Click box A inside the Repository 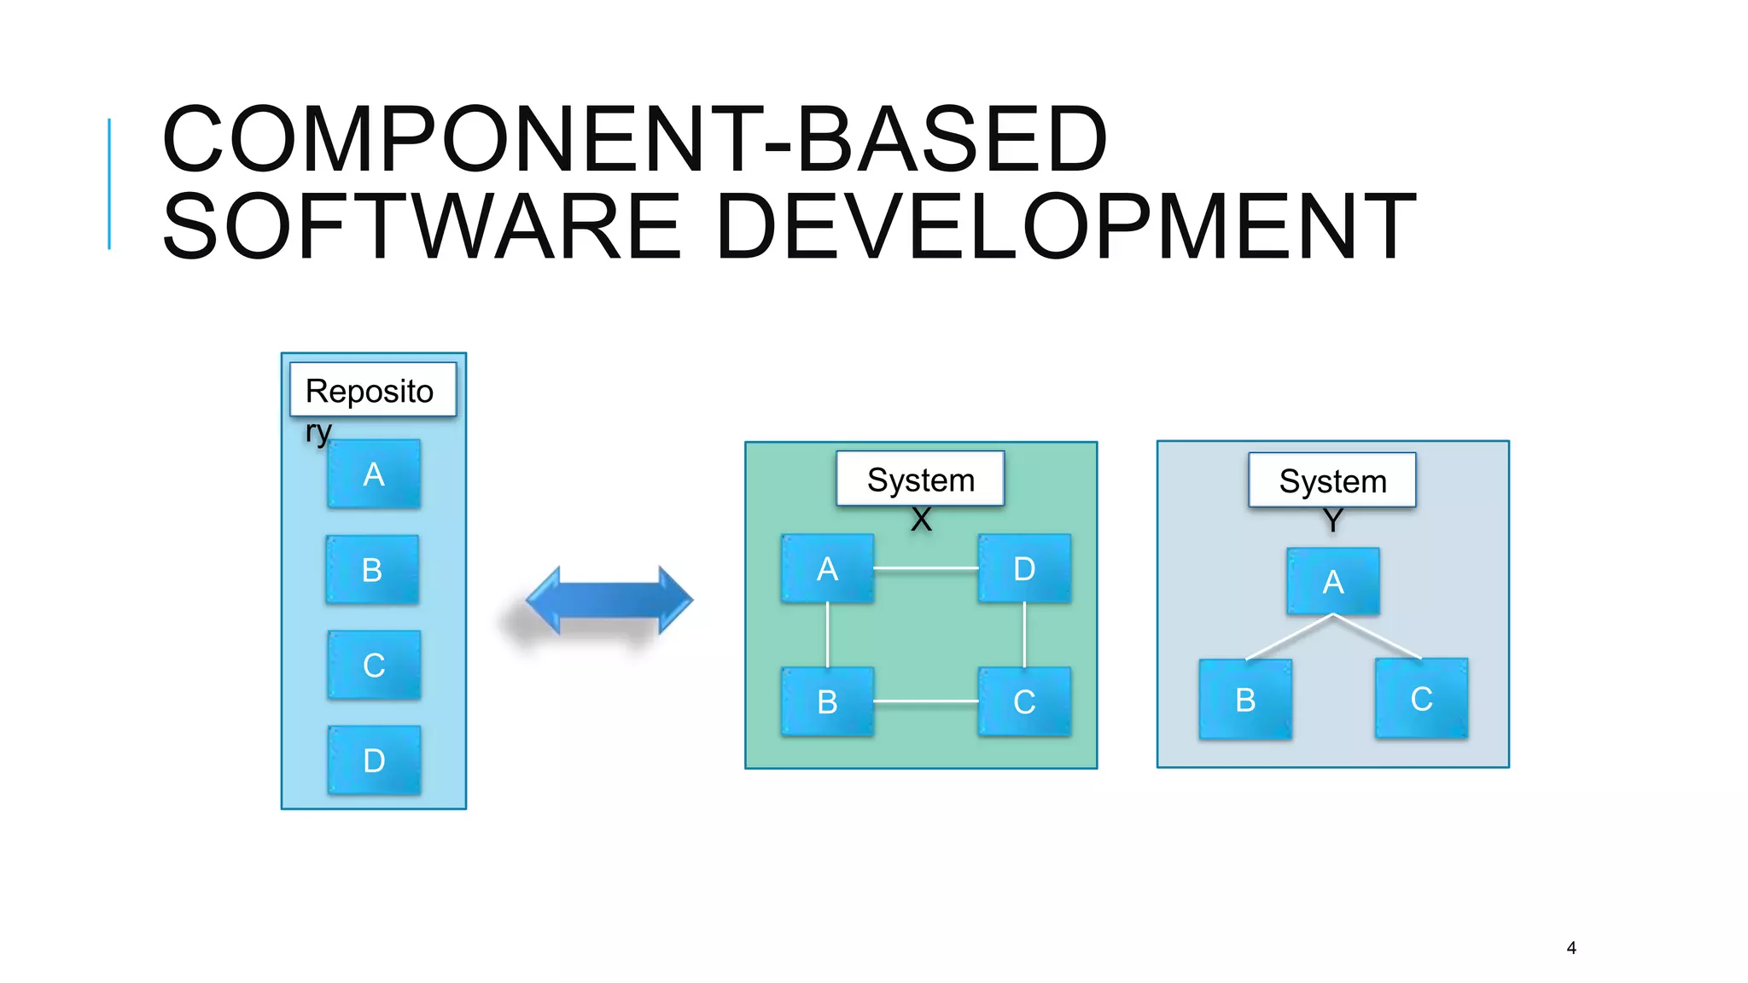[x=374, y=474]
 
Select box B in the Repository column [x=372, y=570]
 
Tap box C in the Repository [x=374, y=666]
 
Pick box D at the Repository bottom [x=374, y=760]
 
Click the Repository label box [x=373, y=390]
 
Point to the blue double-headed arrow [x=609, y=601]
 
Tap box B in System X [x=827, y=701]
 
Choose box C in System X [x=1024, y=701]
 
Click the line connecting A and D [x=926, y=568]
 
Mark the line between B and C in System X [x=926, y=701]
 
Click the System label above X [x=920, y=479]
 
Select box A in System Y [x=1333, y=582]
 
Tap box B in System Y [x=1245, y=700]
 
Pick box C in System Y [x=1421, y=699]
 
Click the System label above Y [x=1332, y=480]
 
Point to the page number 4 [x=1571, y=948]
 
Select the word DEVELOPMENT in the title [x=1067, y=226]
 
